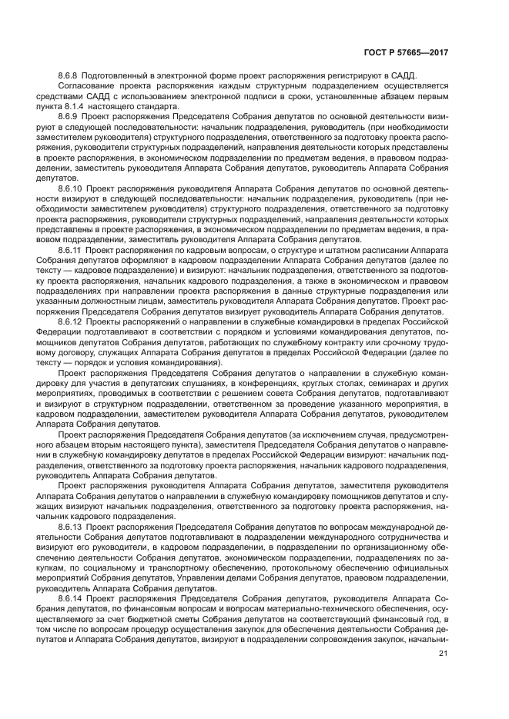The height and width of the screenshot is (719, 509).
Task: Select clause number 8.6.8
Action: coord(70,75)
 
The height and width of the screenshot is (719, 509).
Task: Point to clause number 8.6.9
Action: coord(70,115)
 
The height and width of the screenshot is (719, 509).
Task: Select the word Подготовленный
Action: coord(119,75)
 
